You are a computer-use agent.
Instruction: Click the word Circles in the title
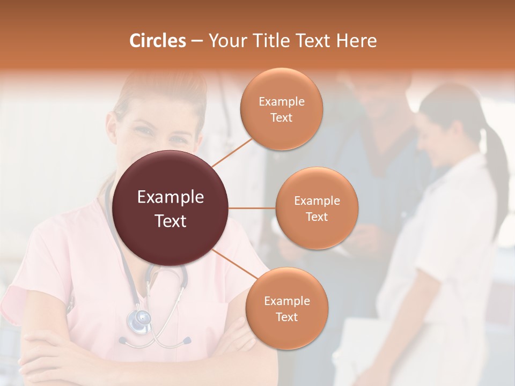coord(157,41)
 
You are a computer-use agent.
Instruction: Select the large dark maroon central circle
coord(171,208)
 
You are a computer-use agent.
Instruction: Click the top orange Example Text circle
coord(282,109)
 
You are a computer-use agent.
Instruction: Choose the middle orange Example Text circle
coord(317,208)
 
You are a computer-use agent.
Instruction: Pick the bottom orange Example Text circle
coord(286,309)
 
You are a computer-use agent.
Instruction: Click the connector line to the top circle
coord(232,153)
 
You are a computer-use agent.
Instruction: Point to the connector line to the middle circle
coord(252,208)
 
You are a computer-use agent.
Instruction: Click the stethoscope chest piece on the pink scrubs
coord(138,320)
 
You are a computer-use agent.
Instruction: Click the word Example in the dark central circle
coord(171,197)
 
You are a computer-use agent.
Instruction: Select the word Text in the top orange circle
coord(282,117)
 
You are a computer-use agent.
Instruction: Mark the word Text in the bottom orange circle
coord(286,317)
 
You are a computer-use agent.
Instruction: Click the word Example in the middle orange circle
coord(317,201)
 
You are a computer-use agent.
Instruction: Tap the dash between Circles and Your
coord(197,41)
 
